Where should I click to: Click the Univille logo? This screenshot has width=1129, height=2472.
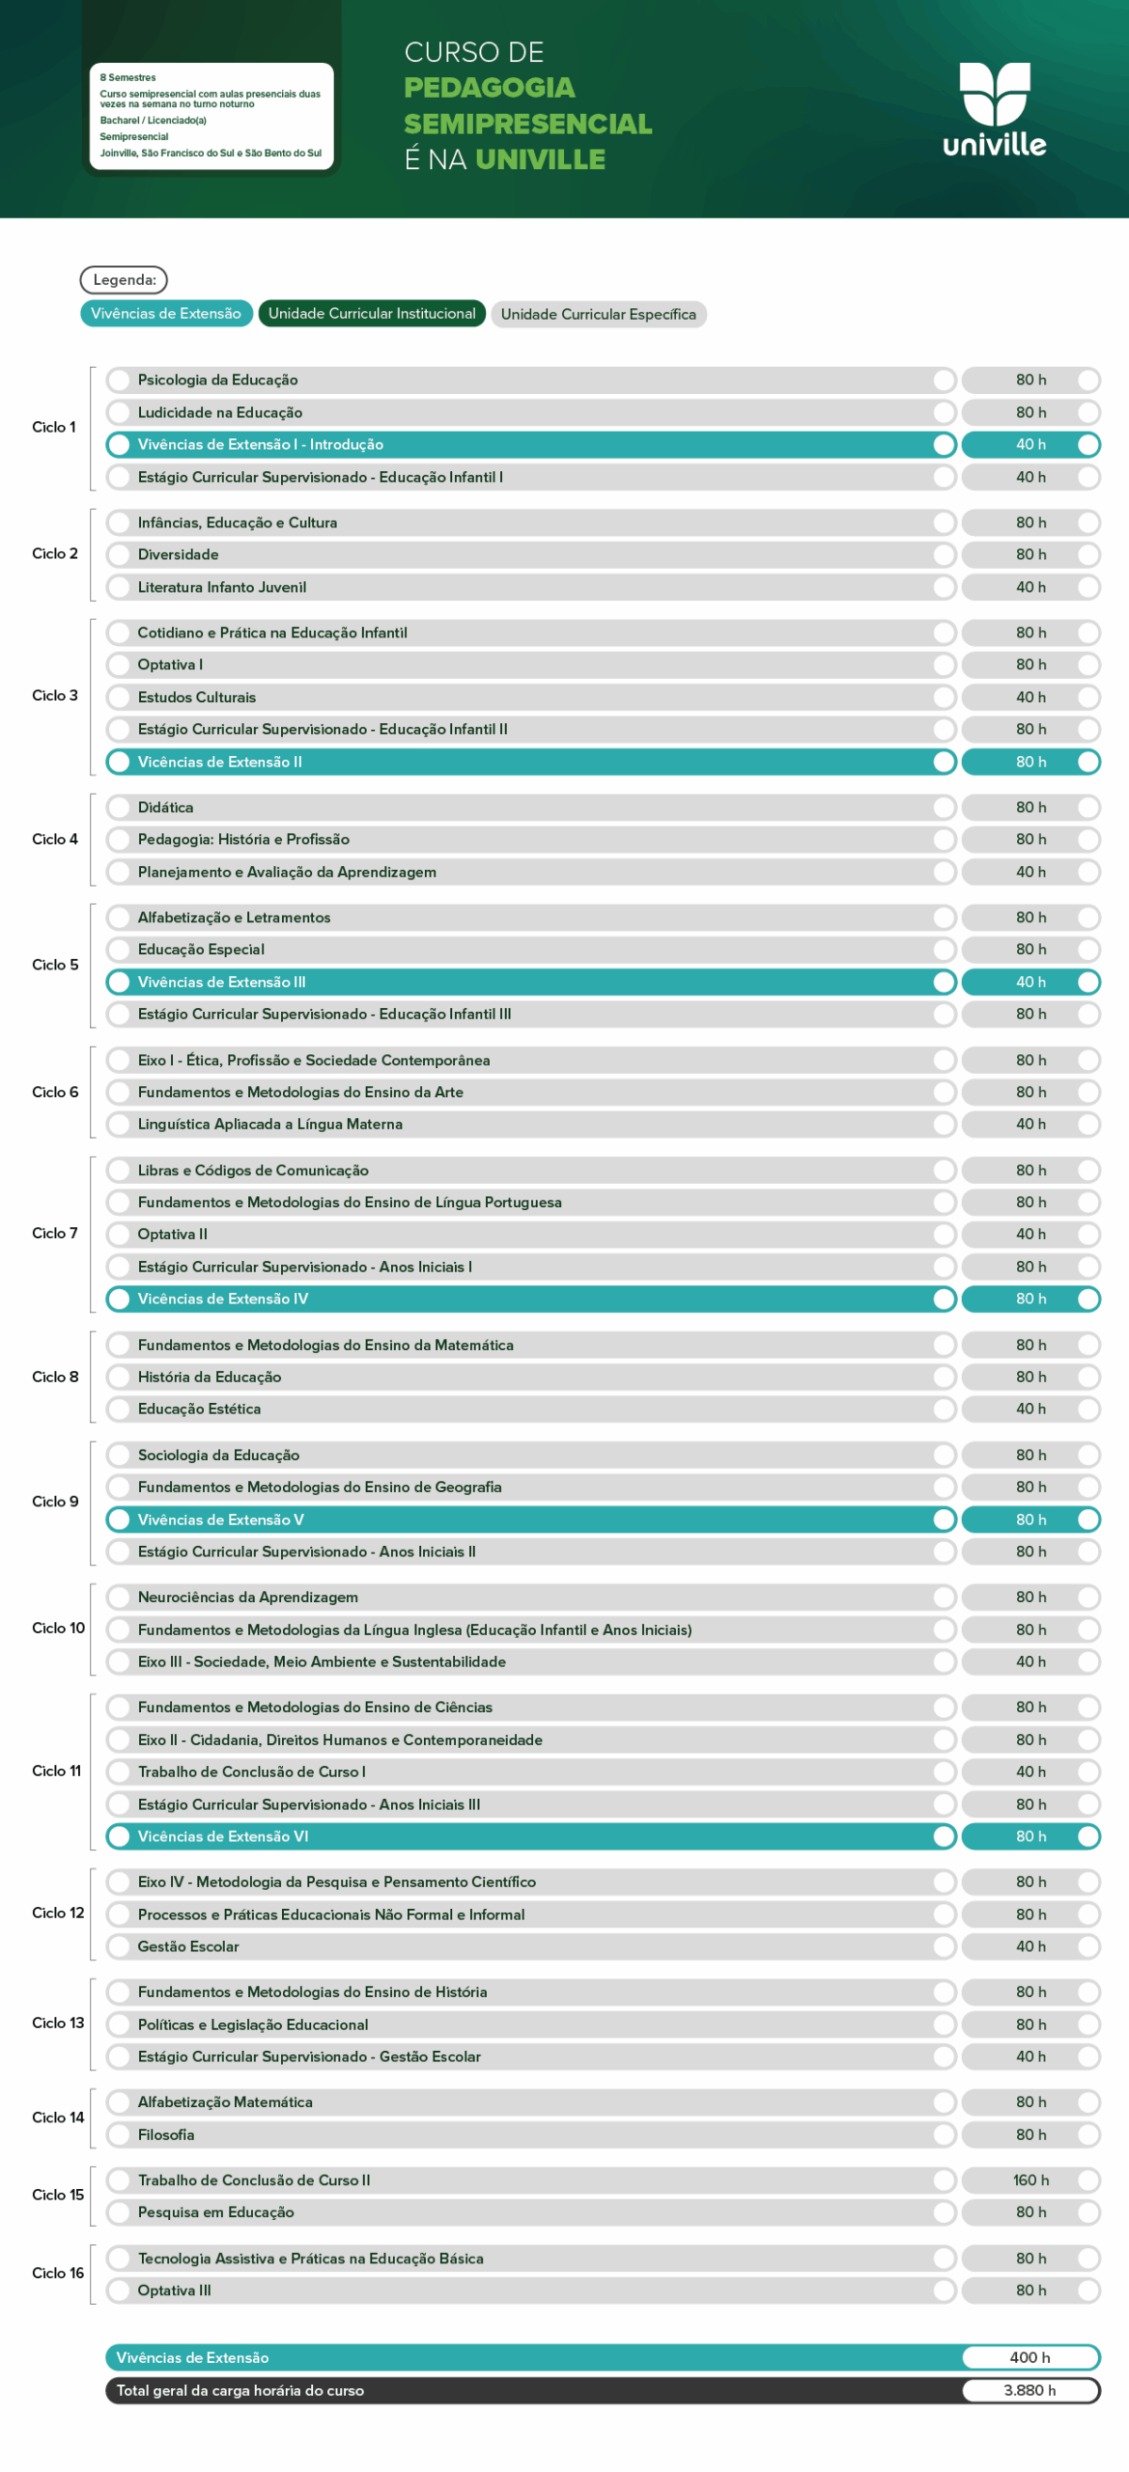click(x=994, y=110)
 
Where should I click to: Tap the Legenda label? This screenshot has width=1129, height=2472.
click(x=124, y=280)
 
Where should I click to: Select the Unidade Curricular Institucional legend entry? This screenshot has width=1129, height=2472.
click(x=372, y=314)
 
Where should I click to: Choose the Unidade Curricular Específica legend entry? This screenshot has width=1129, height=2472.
click(x=598, y=315)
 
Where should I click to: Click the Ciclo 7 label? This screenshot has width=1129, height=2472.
click(x=55, y=1233)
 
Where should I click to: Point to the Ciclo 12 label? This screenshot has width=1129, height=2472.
click(x=58, y=1913)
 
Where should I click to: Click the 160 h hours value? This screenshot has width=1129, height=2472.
click(x=1030, y=2180)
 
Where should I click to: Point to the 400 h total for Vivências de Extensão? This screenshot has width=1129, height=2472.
click(x=1030, y=2358)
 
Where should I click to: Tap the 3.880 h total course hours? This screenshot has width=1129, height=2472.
click(x=1030, y=2391)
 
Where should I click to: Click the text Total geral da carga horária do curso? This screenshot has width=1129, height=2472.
click(x=240, y=2391)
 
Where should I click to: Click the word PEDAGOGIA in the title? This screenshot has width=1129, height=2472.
click(x=490, y=88)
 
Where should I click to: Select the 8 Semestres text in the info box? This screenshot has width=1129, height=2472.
click(x=127, y=77)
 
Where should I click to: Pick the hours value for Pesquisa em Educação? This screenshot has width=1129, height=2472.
click(x=1030, y=2212)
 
